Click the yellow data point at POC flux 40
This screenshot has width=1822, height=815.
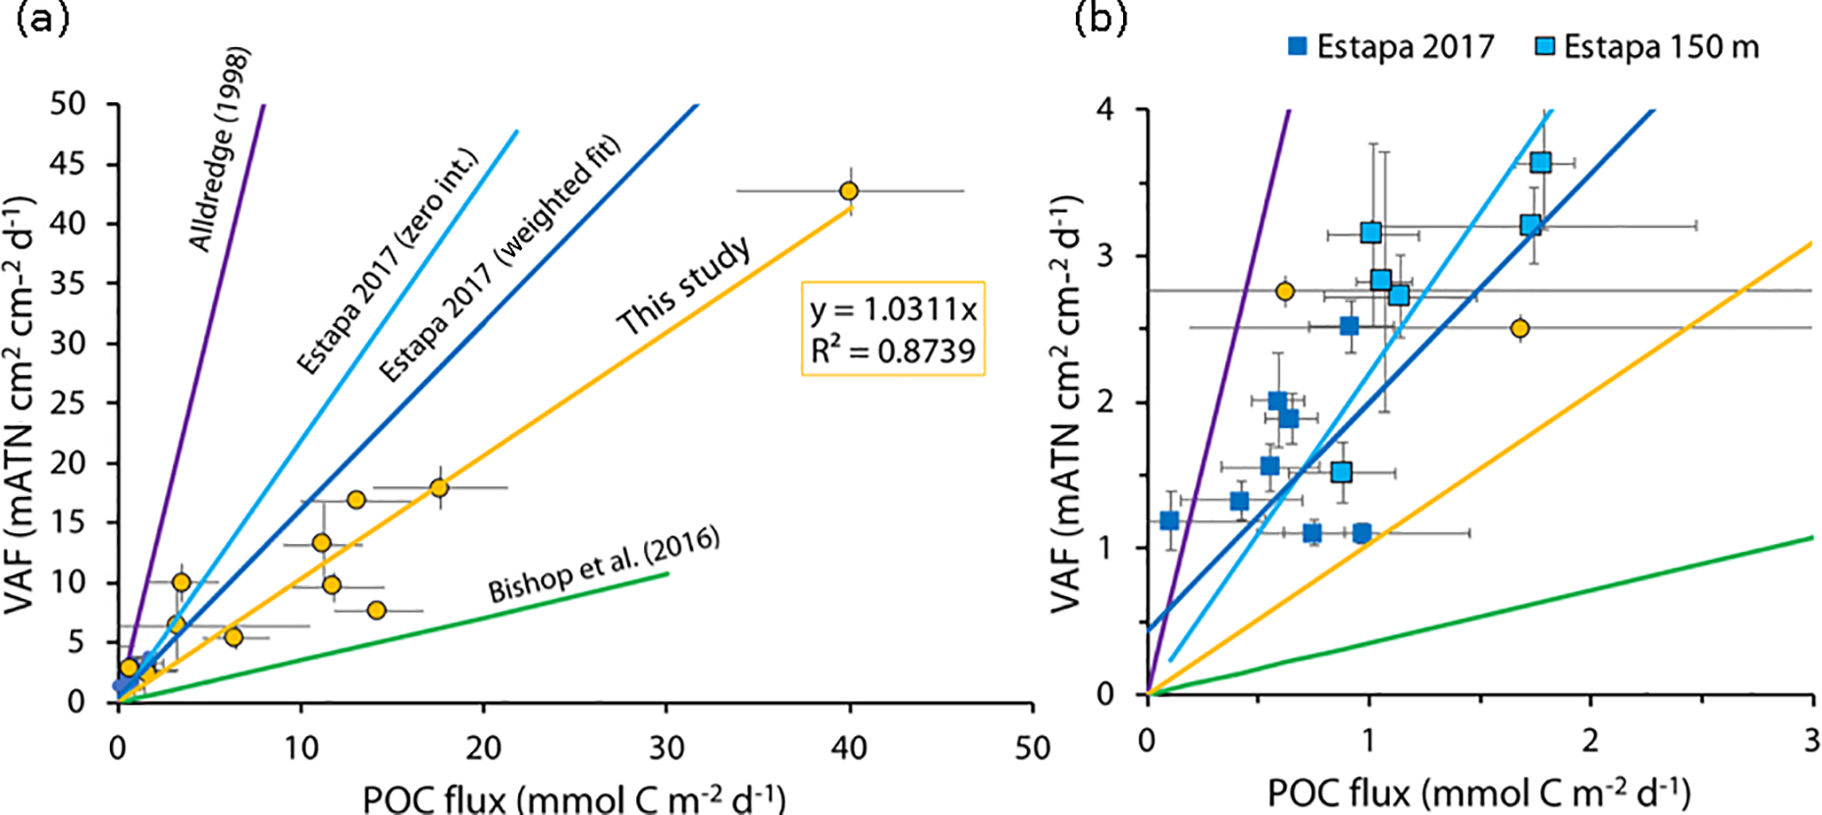point(849,190)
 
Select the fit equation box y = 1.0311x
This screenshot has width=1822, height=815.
point(892,329)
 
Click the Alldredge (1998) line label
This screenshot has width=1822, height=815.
point(220,149)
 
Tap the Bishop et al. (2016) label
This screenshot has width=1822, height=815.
point(604,565)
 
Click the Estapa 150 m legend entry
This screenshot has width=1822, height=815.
point(1647,46)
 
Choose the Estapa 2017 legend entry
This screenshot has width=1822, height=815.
point(1392,46)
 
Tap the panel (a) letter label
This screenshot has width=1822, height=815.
point(42,18)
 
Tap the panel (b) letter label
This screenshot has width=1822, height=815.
point(1099,18)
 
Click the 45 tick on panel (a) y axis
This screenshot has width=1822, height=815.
point(69,163)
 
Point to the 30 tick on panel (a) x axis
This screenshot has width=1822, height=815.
point(667,748)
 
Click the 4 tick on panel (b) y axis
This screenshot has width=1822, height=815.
point(1106,109)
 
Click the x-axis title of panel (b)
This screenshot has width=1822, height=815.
point(1478,792)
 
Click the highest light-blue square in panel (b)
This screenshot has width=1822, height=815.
point(1540,163)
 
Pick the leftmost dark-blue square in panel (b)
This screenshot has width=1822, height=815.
point(1169,520)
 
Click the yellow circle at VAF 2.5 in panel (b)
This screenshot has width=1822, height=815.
point(1520,328)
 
